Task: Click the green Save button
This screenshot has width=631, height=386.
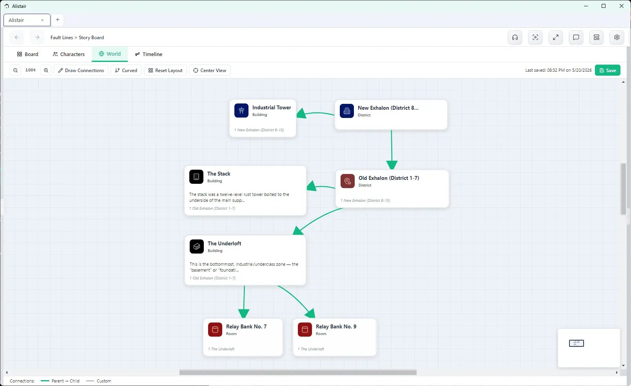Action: (x=607, y=70)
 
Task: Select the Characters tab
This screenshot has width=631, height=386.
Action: (x=69, y=54)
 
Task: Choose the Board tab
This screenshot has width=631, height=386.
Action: (x=27, y=54)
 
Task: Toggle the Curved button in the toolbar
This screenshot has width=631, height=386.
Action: (x=126, y=70)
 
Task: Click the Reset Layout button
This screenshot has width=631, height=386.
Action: (x=165, y=70)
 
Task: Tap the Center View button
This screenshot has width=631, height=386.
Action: (x=210, y=70)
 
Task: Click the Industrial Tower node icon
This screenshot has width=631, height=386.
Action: (x=241, y=111)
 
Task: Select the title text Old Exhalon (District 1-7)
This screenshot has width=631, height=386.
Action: (x=389, y=178)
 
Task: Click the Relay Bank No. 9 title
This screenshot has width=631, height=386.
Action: (x=336, y=326)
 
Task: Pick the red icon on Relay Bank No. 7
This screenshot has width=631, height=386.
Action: (x=215, y=329)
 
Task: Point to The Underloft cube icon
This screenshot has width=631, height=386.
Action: (x=197, y=246)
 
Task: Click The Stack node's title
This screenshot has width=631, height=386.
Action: (x=219, y=174)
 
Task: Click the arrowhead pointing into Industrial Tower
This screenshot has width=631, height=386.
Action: (x=302, y=113)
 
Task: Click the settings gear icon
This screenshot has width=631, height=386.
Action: (x=616, y=37)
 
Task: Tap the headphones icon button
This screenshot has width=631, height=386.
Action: (x=515, y=37)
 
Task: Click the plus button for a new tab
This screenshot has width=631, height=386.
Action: (x=58, y=20)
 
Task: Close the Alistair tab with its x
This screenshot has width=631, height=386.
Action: (x=42, y=20)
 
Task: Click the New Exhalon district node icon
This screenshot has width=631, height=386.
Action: (x=347, y=111)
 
